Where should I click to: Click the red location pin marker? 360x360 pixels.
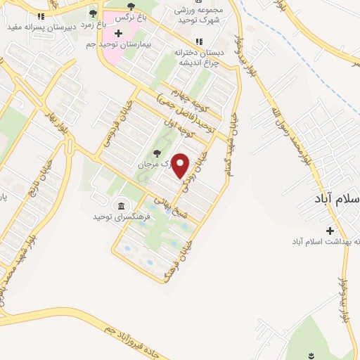(181, 165)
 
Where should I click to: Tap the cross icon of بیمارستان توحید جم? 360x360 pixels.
(118, 33)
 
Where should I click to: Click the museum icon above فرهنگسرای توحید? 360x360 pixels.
(122, 206)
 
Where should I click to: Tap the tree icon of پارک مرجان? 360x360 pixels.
(156, 154)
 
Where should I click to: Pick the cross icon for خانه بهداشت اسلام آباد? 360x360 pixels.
(329, 231)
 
